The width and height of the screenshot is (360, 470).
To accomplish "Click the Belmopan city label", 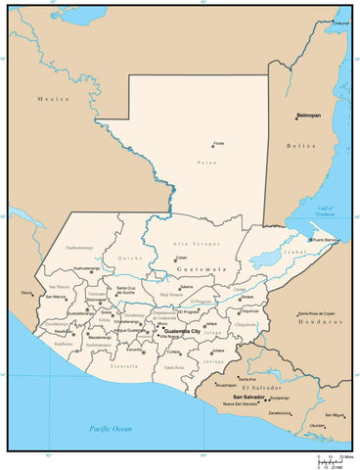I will click(x=312, y=116).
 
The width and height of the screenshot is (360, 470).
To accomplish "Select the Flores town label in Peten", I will click(x=219, y=144).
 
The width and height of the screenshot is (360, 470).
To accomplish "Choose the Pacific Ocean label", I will click(x=110, y=429).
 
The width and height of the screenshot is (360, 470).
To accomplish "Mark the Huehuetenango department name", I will click(x=80, y=249).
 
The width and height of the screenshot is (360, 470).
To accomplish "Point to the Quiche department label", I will click(x=130, y=258).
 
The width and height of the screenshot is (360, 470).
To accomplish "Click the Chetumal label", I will click(x=341, y=23).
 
